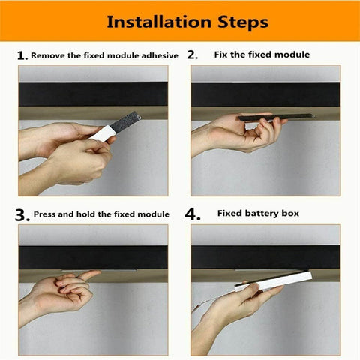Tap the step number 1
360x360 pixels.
pos(22,56)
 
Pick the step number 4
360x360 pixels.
pos(193,214)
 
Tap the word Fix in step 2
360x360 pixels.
pos(222,55)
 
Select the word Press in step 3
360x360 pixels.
pos(46,214)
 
